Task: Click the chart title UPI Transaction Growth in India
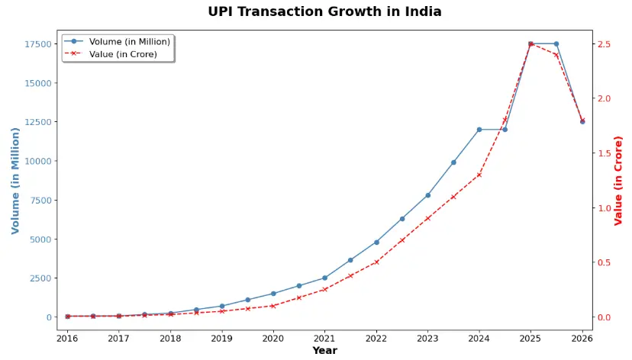[324, 11]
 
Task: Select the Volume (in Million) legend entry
[127, 41]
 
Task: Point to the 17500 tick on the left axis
[38, 44]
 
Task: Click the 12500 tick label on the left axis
[38, 122]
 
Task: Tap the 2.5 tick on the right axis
[605, 44]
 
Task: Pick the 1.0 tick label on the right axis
[605, 208]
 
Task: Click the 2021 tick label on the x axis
[324, 338]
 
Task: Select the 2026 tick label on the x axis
[582, 338]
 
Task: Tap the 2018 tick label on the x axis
[170, 338]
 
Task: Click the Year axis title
[324, 351]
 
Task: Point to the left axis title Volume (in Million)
[15, 180]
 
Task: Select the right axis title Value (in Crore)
[619, 180]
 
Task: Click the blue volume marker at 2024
[479, 130]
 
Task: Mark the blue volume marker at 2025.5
[556, 43]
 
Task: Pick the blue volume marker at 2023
[427, 195]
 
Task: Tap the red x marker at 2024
[479, 175]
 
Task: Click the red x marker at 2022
[376, 262]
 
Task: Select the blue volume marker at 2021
[324, 278]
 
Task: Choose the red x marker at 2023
[427, 219]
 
